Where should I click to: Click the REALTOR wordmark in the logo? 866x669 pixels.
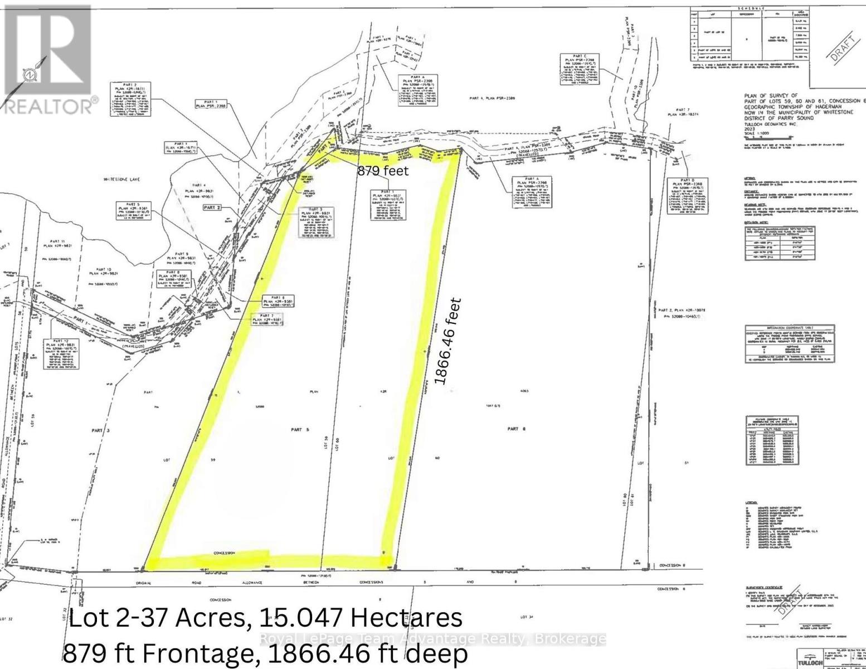[x=49, y=106]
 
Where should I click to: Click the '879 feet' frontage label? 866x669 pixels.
[x=382, y=171]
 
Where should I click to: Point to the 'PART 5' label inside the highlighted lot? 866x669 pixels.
[x=296, y=429]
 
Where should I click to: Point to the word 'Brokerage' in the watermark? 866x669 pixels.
[x=570, y=639]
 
